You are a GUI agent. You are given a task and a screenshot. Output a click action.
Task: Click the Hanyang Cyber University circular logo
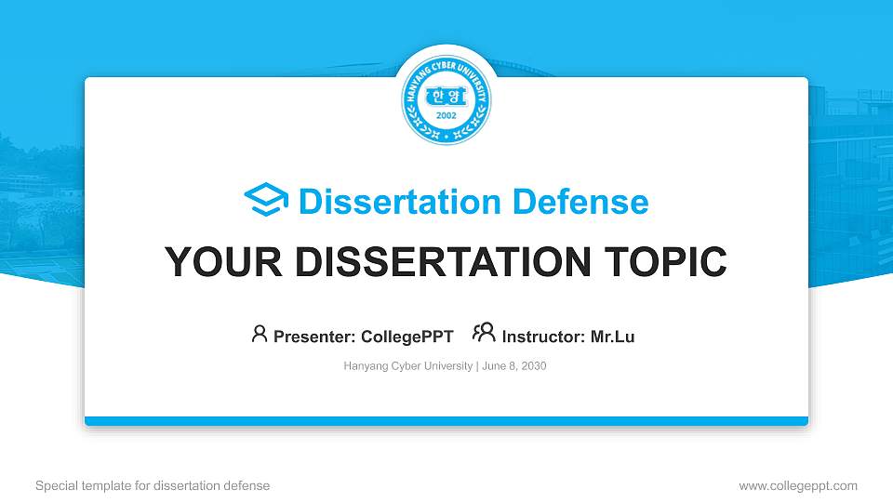[446, 98]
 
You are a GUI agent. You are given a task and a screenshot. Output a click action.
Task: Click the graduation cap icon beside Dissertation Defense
[266, 200]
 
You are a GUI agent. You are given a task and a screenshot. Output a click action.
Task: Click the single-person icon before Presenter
[260, 334]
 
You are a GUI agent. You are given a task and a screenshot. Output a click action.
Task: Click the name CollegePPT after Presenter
[406, 337]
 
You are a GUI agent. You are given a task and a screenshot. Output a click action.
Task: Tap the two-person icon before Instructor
[484, 334]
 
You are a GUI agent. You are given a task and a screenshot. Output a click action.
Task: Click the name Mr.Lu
[613, 337]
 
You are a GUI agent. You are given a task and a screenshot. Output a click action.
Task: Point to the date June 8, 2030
[514, 366]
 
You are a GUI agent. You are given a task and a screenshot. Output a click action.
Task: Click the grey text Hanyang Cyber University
[408, 366]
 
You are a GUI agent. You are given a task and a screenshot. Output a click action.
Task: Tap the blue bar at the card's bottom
[446, 421]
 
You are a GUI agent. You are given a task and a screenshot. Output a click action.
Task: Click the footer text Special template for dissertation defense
[153, 485]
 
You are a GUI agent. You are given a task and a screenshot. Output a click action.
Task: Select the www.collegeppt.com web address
[798, 485]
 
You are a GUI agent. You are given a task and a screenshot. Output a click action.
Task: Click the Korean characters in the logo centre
[446, 97]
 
